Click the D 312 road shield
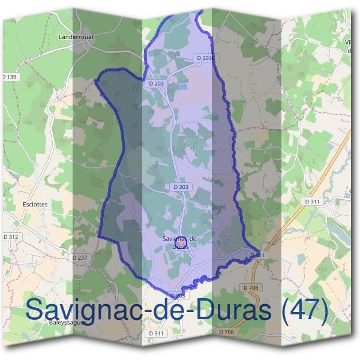pos(11,237)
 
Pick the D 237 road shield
pos(80,257)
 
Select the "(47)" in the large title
pos(305,311)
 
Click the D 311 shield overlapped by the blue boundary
pos(257,255)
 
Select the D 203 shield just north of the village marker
pos(181,187)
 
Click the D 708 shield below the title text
pos(227,332)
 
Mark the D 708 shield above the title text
pos(251,288)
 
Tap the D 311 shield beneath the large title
pos(155,332)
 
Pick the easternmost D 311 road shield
pos(312,202)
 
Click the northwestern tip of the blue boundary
pos(96,80)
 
